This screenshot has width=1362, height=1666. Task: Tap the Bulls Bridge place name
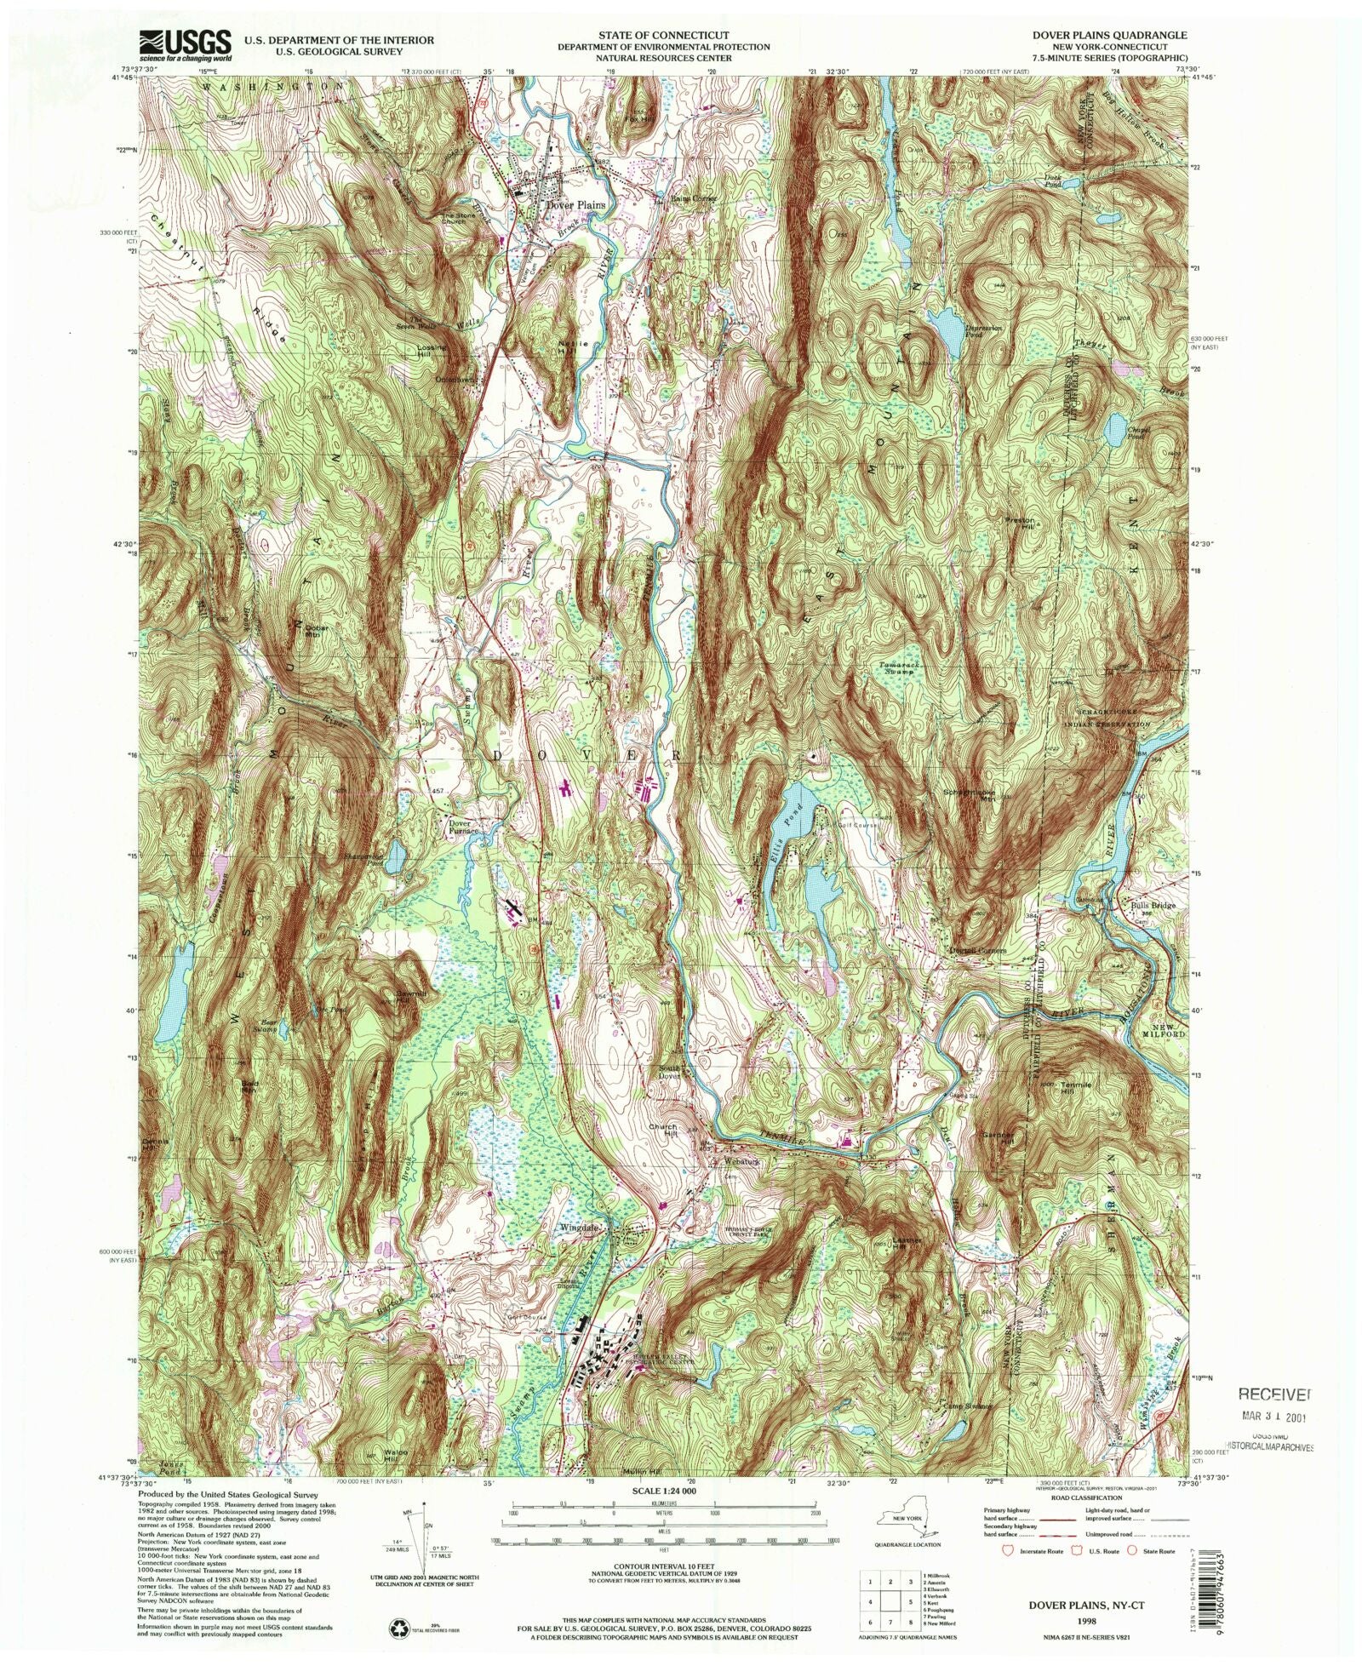(1153, 905)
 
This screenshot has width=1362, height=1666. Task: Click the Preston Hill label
(1021, 521)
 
